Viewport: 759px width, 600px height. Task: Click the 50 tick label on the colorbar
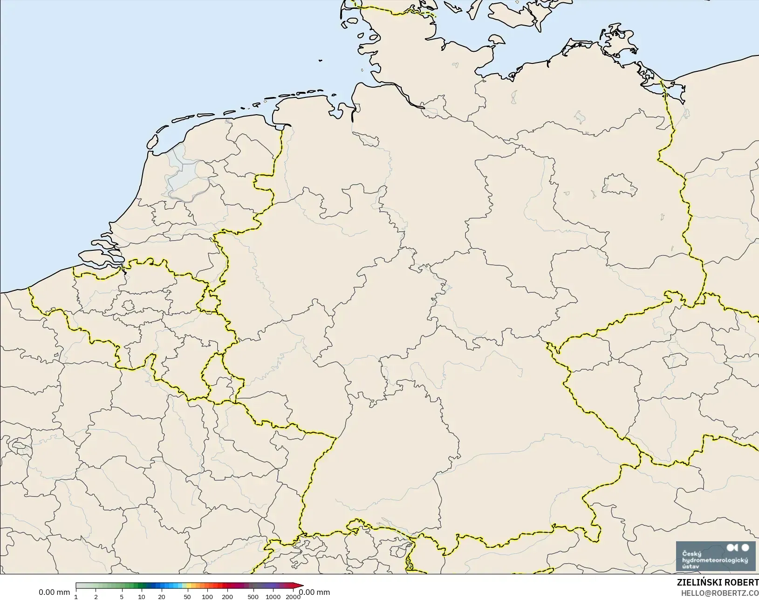click(x=187, y=597)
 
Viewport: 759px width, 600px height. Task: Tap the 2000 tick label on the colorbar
click(x=293, y=597)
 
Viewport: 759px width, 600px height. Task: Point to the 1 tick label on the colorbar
click(x=76, y=597)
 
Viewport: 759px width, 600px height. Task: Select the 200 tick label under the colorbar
click(x=227, y=597)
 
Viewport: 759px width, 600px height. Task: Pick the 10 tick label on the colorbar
click(x=142, y=597)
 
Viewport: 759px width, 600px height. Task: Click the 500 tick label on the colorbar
click(x=253, y=597)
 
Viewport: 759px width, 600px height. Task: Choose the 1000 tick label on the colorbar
click(x=273, y=597)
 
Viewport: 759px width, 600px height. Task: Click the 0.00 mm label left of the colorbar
click(x=54, y=593)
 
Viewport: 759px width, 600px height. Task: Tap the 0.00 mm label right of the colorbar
click(x=315, y=593)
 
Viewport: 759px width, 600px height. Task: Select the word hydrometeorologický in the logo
click(x=715, y=560)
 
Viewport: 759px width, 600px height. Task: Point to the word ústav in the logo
click(x=691, y=566)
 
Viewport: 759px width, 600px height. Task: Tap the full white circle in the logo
click(x=745, y=547)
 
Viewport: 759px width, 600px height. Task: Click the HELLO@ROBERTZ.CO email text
click(x=720, y=593)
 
